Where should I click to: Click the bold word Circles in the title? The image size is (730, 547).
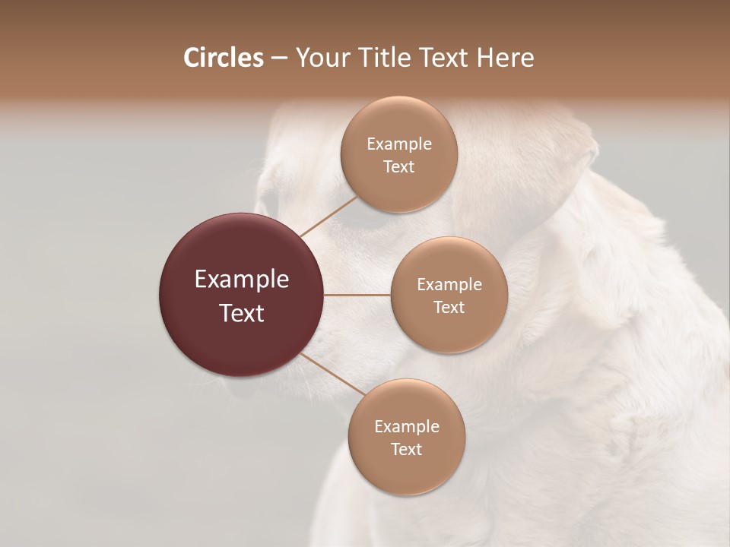tap(223, 58)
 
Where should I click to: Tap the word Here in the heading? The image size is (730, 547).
tap(504, 58)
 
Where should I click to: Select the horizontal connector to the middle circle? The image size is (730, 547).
tap(357, 295)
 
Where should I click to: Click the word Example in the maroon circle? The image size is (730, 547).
tap(242, 280)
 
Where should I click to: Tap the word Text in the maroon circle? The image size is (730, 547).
tap(242, 313)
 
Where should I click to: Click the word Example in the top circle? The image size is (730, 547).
tap(399, 144)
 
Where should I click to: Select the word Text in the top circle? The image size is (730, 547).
tap(399, 167)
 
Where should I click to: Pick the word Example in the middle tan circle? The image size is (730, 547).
tap(449, 285)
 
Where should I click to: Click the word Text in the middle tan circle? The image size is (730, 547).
tap(449, 308)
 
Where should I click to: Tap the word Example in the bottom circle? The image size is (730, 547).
tap(407, 427)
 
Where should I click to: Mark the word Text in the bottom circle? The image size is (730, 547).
tap(407, 450)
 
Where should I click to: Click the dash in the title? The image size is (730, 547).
tap(279, 58)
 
